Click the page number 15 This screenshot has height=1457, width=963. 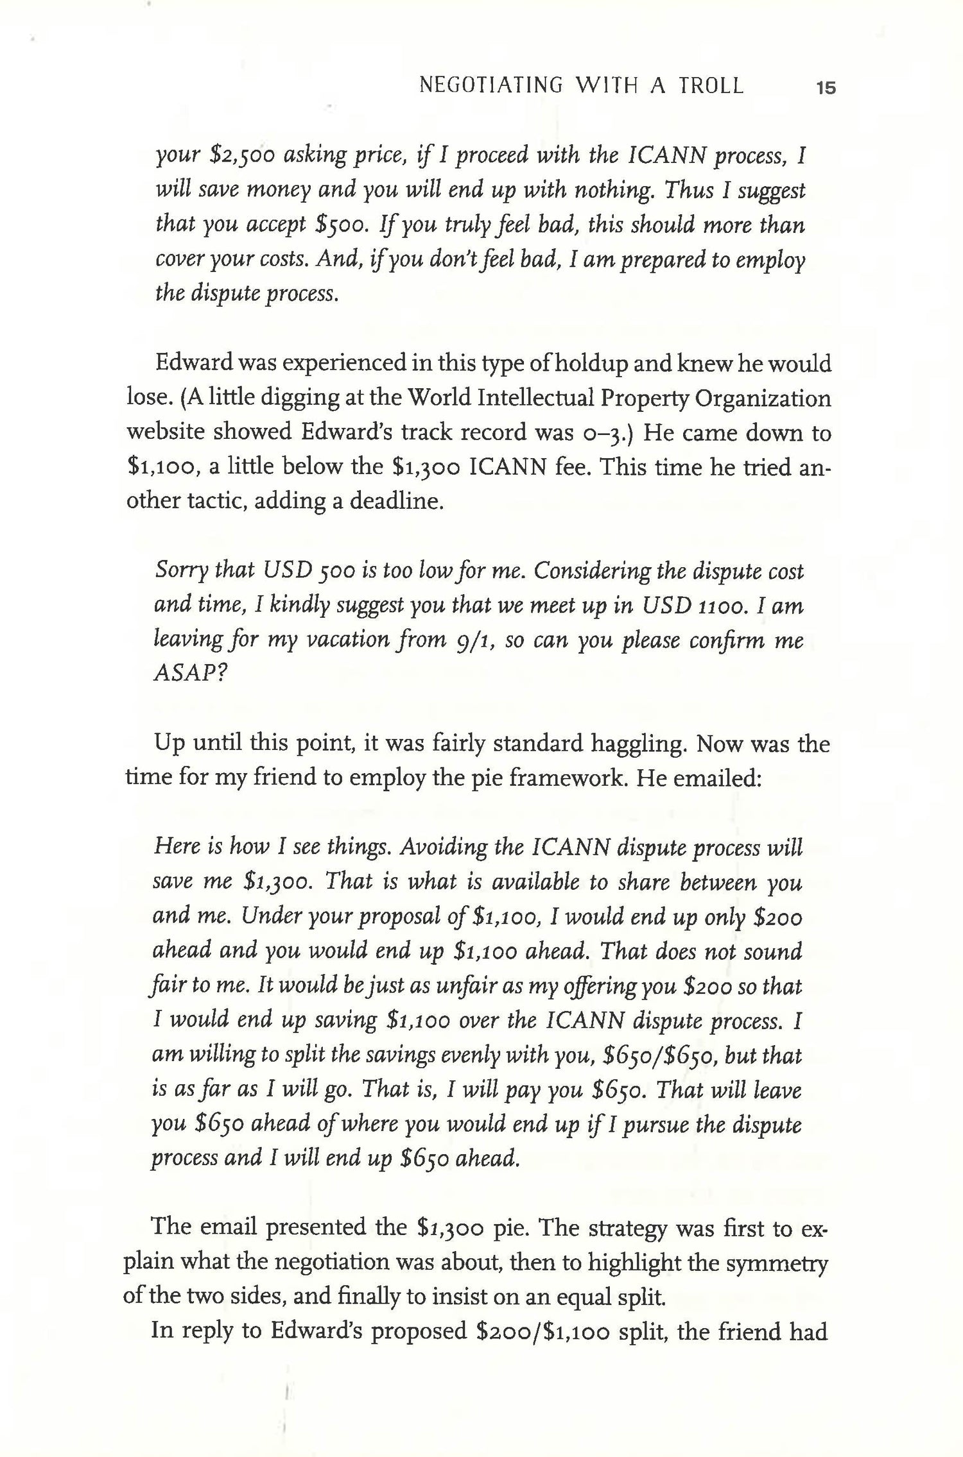(825, 88)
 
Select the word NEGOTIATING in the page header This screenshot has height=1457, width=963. (490, 86)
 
